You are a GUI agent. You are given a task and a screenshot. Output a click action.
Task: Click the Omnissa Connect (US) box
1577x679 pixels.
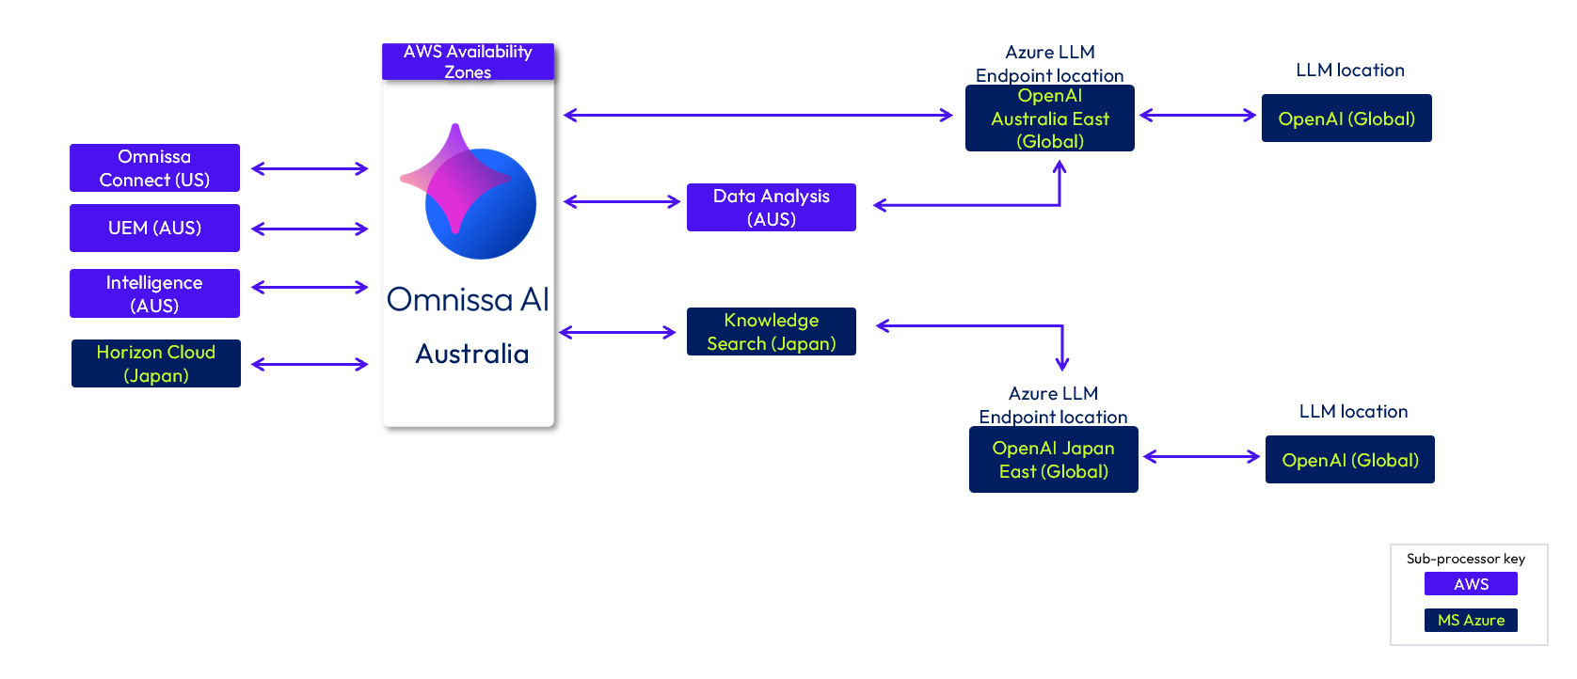coord(155,168)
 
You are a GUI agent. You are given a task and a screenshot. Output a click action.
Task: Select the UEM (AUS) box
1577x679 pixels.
coord(155,228)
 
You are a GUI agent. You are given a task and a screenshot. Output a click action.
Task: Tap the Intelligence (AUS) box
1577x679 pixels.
coord(155,293)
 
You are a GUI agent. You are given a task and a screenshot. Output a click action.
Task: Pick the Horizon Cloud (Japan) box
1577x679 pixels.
coord(156,364)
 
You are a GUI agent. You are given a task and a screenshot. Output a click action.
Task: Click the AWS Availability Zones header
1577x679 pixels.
coord(469,62)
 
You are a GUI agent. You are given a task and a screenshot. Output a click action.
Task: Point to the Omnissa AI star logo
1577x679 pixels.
coord(469,192)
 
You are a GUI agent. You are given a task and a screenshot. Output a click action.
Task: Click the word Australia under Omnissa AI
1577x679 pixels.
coord(471,354)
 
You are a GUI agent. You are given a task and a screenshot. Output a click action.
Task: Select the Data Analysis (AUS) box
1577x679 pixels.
coord(772,208)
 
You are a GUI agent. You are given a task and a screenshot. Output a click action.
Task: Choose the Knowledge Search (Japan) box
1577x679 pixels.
coord(772,331)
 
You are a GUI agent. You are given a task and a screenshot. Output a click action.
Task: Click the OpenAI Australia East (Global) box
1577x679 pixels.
coord(1050,118)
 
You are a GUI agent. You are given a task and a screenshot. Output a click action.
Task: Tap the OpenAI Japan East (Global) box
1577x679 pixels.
coord(1054,460)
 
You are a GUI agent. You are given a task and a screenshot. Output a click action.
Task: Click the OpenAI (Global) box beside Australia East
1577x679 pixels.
coord(1346,118)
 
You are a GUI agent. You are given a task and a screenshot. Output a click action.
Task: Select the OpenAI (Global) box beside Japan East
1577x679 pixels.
coord(1350,460)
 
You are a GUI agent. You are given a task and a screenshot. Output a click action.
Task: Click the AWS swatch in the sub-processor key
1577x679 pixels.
coord(1471,584)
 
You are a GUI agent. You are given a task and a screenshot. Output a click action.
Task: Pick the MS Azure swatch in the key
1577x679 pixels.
coord(1471,620)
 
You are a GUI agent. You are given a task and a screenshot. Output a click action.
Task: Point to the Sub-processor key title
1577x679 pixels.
coord(1466,559)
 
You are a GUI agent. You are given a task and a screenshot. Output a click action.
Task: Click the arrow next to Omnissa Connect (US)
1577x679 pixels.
coord(310,169)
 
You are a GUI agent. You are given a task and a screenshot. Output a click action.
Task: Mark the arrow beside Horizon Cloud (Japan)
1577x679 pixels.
coord(310,365)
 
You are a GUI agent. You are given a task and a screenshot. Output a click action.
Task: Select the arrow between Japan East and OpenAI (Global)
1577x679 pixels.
coord(1202,457)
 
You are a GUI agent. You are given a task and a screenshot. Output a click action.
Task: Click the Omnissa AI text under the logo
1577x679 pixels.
coord(469,300)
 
